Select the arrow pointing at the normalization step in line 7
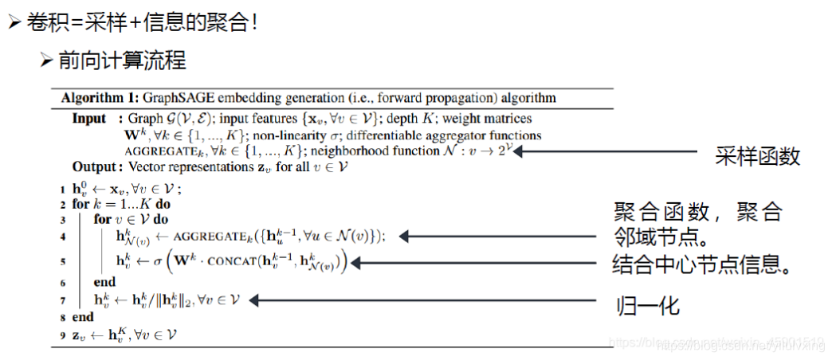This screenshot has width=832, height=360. (423, 300)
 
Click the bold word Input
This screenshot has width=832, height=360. (88, 119)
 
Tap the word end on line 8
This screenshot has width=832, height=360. (82, 317)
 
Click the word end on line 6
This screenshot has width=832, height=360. (104, 283)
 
